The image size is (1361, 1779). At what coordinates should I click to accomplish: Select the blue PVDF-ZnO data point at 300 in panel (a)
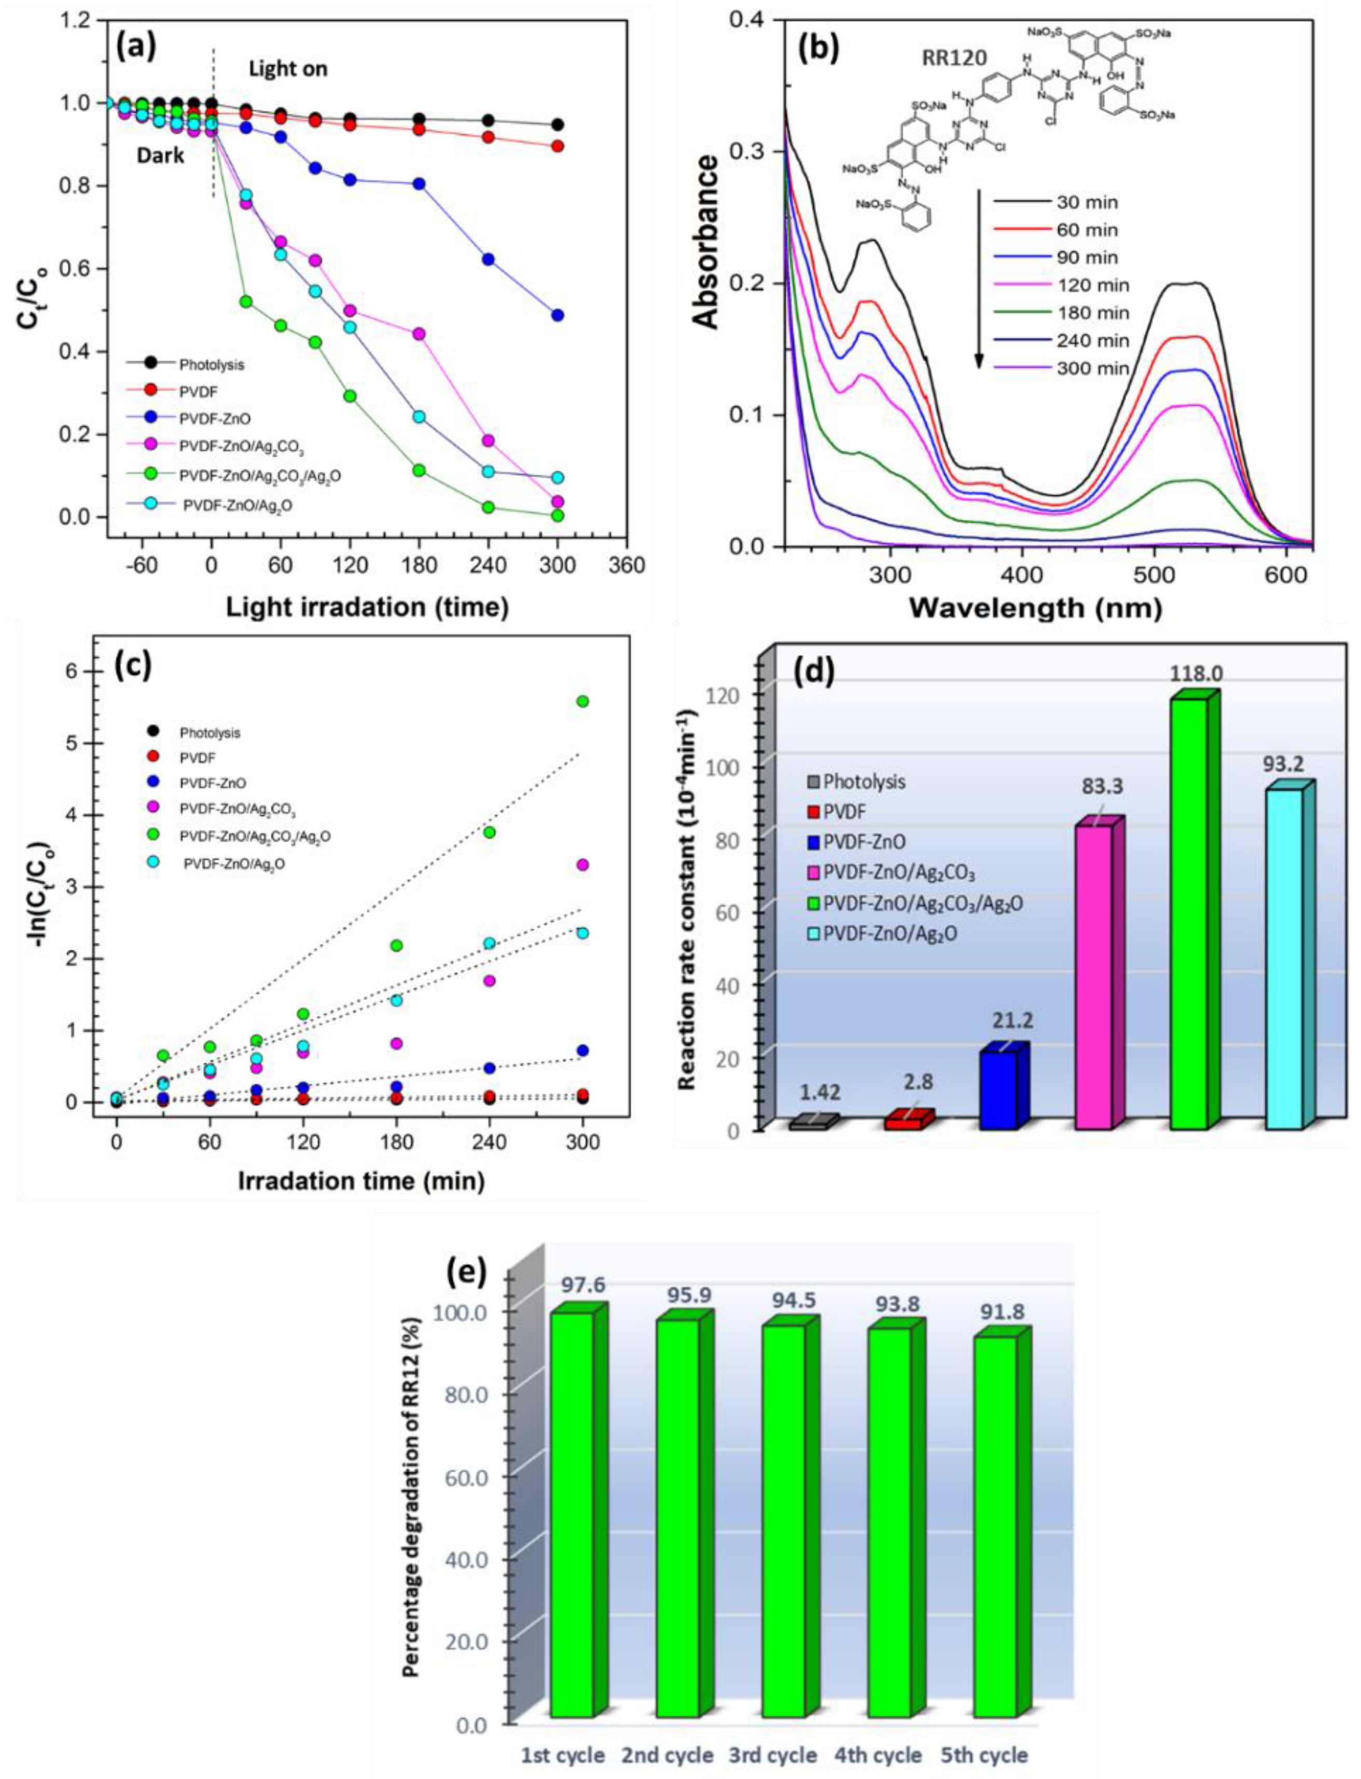pos(558,315)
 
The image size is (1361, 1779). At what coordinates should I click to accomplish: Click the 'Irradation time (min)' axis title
pos(362,1180)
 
